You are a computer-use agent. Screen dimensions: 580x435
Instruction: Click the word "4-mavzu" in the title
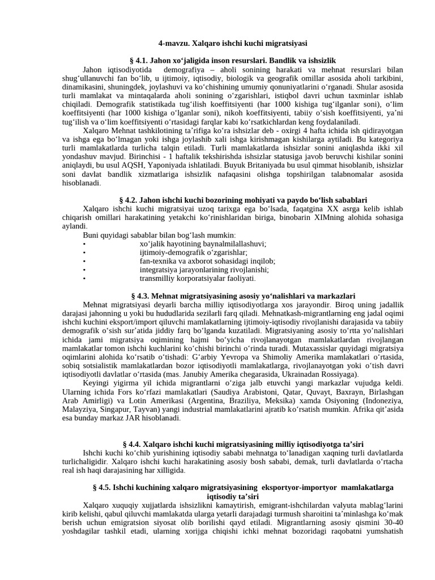(x=173, y=43)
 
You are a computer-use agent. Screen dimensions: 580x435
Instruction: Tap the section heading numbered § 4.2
(x=244, y=200)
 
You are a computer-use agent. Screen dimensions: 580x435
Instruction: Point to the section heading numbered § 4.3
(x=242, y=296)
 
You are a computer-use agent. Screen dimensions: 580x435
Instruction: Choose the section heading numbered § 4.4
(x=244, y=443)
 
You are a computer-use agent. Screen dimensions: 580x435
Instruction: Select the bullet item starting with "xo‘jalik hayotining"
(x=203, y=244)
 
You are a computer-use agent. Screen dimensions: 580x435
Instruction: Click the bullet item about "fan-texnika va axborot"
(x=207, y=261)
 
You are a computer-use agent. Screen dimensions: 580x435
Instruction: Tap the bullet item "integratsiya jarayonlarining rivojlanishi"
(x=204, y=270)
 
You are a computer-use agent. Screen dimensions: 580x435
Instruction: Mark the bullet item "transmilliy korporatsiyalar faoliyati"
(x=198, y=279)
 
